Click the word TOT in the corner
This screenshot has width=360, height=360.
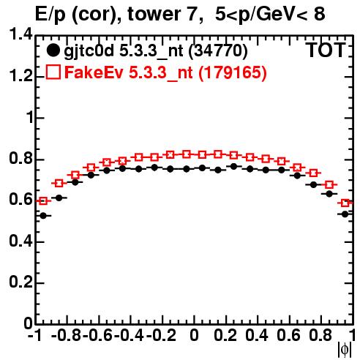(x=326, y=50)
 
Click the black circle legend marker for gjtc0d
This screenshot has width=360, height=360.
(x=53, y=50)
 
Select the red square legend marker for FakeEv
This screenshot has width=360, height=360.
(x=53, y=72)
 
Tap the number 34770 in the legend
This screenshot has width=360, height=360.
(x=218, y=50)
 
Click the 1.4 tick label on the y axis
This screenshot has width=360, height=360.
(x=20, y=35)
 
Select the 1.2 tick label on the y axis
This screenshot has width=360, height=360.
(x=20, y=76)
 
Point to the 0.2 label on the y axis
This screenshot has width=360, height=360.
(x=20, y=282)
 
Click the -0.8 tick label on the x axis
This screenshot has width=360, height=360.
(x=66, y=335)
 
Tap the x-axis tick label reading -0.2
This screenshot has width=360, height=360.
(x=161, y=335)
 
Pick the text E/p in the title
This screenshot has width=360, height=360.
(x=50, y=15)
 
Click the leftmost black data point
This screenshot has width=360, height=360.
(x=43, y=216)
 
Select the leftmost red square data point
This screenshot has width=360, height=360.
(x=43, y=201)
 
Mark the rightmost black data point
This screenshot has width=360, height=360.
(x=345, y=214)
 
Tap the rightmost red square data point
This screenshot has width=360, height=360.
(x=345, y=203)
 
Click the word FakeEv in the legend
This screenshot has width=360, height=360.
(x=94, y=72)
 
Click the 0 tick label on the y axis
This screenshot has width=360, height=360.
(x=29, y=323)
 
